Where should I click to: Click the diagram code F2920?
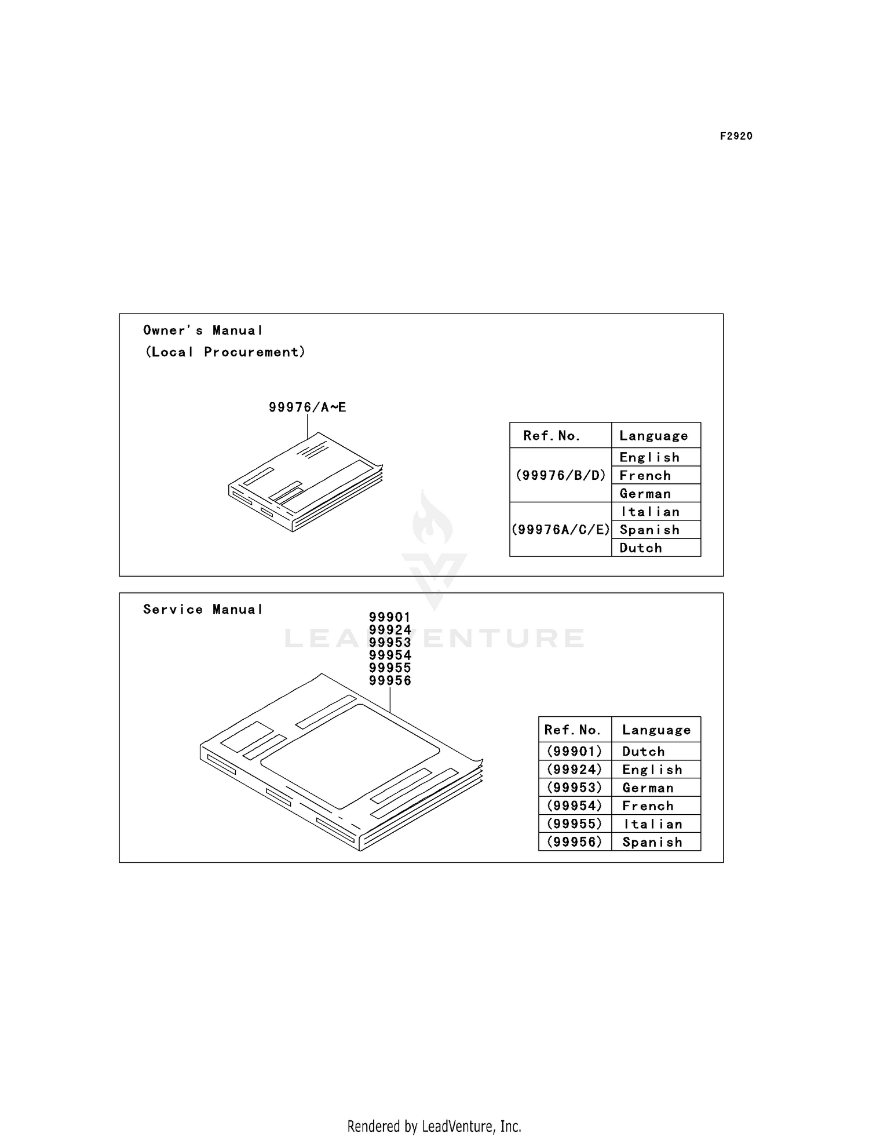tap(736, 136)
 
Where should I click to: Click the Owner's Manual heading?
tap(203, 330)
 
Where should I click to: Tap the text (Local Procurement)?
tap(225, 352)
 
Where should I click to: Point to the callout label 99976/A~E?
tap(307, 407)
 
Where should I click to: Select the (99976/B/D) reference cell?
tap(560, 475)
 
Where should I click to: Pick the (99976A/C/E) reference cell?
tap(560, 530)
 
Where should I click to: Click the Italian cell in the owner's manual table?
tap(650, 512)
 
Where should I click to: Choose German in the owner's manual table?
tap(645, 494)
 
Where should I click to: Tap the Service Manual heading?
tap(203, 610)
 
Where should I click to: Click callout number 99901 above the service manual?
tap(390, 617)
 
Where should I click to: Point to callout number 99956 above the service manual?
tap(390, 681)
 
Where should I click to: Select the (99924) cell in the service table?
tap(575, 770)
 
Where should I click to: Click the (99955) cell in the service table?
tap(575, 824)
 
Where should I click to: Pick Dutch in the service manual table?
tap(644, 752)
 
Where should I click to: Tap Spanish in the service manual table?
tap(652, 843)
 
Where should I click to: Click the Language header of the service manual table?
tap(656, 730)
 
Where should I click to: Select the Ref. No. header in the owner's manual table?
tap(552, 436)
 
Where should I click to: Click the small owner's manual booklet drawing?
tap(305, 482)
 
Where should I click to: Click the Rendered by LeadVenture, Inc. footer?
tap(434, 1126)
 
